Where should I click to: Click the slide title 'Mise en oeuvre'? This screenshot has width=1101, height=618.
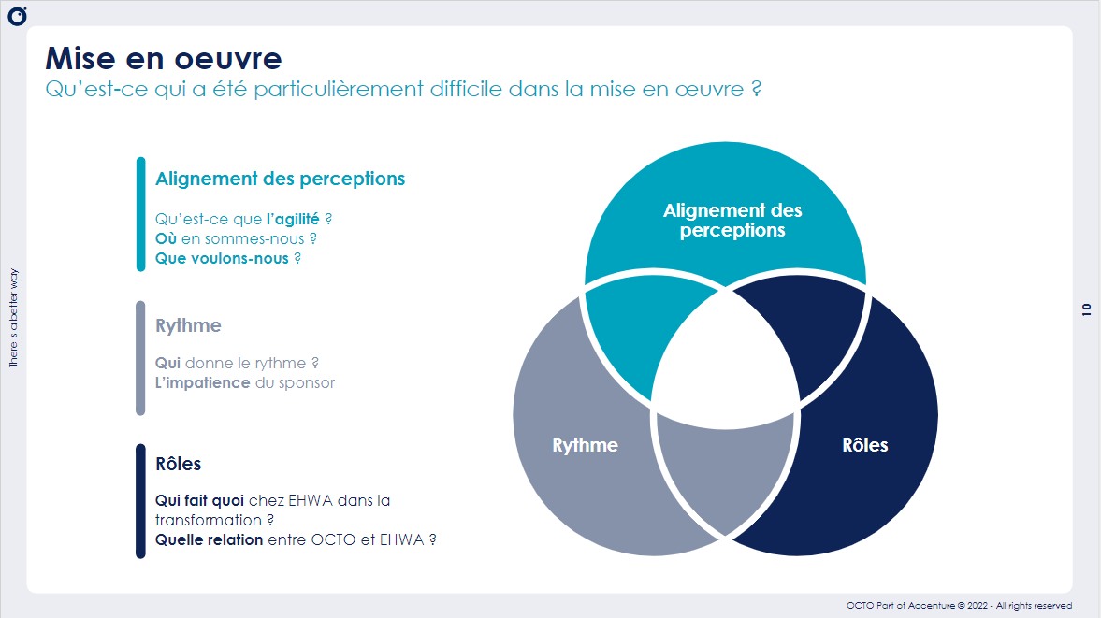click(164, 58)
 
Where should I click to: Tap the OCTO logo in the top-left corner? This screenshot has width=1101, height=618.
click(17, 16)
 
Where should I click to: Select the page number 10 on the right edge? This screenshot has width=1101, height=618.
click(1086, 309)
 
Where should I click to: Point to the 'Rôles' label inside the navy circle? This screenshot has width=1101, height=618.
click(864, 445)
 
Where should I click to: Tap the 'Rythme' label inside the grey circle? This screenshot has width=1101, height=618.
click(585, 445)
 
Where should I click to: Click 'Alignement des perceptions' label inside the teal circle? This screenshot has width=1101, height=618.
click(732, 221)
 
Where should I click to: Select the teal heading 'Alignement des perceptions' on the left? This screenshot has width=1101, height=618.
click(280, 179)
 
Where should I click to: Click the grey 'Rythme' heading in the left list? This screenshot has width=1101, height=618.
click(188, 325)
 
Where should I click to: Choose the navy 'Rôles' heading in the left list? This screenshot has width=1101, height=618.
click(178, 464)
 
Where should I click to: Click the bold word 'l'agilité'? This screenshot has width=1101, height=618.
click(293, 219)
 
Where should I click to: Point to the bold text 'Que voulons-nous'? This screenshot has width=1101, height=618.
click(222, 258)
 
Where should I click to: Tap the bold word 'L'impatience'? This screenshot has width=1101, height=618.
click(202, 382)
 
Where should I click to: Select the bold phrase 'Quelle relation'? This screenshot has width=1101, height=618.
click(209, 539)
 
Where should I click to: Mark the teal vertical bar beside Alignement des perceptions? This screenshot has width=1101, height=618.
click(141, 214)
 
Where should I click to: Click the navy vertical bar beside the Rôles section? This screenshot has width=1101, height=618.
click(141, 501)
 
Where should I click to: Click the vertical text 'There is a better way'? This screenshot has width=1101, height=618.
click(13, 318)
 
